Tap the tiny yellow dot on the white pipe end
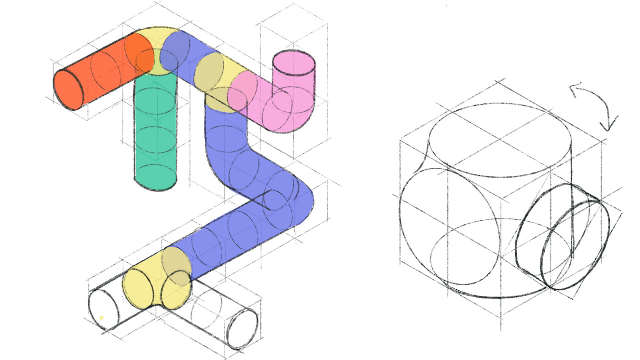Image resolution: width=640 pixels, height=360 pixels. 101,317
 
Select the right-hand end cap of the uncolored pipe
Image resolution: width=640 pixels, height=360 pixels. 242,329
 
